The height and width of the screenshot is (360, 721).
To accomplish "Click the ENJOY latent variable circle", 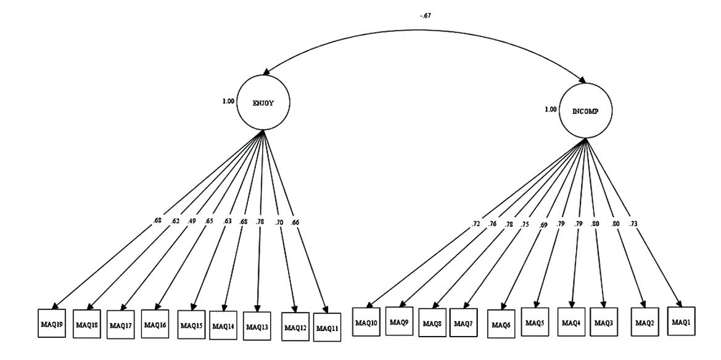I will (263, 103).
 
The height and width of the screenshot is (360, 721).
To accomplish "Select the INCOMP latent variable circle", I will (583, 111).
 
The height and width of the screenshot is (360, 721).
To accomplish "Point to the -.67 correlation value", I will (425, 15).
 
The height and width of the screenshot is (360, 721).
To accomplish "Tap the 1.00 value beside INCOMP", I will (550, 110).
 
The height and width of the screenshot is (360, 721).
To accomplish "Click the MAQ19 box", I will (52, 323).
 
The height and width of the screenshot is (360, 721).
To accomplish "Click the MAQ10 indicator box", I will (366, 322).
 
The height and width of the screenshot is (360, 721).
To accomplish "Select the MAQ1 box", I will (681, 321).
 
